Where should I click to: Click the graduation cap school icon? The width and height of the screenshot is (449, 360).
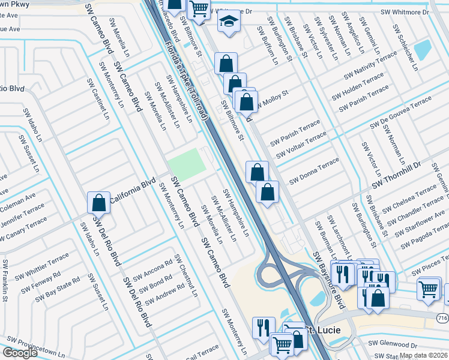tap(228, 22)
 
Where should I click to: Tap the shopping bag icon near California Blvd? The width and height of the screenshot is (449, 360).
tap(99, 203)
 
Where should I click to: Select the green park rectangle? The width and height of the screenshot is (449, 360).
tap(186, 164)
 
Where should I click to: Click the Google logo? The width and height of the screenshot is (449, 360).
tap(20, 353)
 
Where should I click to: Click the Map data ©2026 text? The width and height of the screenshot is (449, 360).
tap(423, 355)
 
